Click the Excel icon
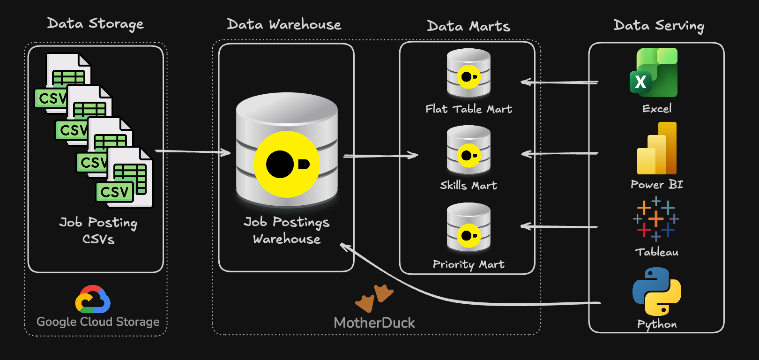pyautogui.click(x=654, y=73)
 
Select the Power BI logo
pyautogui.click(x=657, y=149)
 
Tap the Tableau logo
pyautogui.click(x=656, y=219)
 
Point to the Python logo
pyautogui.click(x=657, y=291)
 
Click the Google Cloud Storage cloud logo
pyautogui.click(x=93, y=300)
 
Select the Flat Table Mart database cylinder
pyautogui.click(x=469, y=73)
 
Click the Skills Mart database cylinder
pyautogui.click(x=469, y=150)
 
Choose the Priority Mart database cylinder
pyautogui.click(x=469, y=228)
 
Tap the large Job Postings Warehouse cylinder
pyautogui.click(x=287, y=150)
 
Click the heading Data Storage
pyautogui.click(x=96, y=23)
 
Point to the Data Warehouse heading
pyautogui.click(x=284, y=24)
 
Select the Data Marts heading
pyautogui.click(x=469, y=26)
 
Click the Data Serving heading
pyautogui.click(x=659, y=25)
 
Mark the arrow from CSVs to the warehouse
pyautogui.click(x=193, y=151)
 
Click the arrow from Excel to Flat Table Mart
pyautogui.click(x=559, y=82)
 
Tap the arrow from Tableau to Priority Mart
pyautogui.click(x=559, y=227)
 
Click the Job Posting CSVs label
pyautogui.click(x=98, y=230)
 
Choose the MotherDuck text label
pyautogui.click(x=374, y=323)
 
